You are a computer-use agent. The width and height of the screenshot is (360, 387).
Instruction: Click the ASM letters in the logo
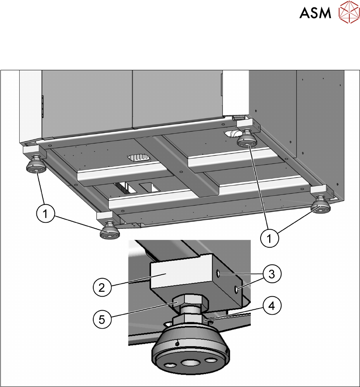click(x=315, y=13)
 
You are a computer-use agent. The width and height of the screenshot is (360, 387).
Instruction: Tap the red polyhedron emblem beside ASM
click(x=349, y=12)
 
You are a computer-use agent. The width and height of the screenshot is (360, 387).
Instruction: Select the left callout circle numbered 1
click(x=45, y=213)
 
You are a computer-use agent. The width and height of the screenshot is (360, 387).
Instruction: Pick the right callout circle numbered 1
click(x=269, y=238)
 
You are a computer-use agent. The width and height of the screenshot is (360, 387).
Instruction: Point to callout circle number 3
click(x=272, y=274)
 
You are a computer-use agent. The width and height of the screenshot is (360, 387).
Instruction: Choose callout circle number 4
click(x=272, y=306)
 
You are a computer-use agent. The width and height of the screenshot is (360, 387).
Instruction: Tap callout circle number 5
click(x=102, y=320)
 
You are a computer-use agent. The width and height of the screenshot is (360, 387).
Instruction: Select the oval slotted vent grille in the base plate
click(x=139, y=157)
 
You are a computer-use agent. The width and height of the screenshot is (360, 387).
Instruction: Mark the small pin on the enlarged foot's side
click(x=177, y=343)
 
